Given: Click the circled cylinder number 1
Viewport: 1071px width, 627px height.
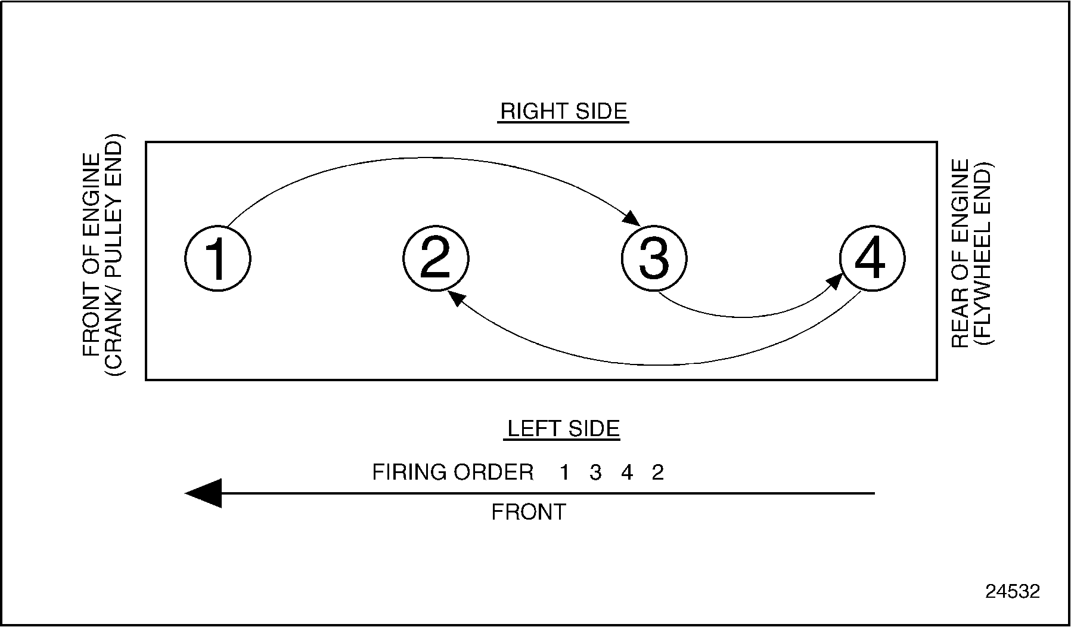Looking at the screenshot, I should pyautogui.click(x=218, y=259).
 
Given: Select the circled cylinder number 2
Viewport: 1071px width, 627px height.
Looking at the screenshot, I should pyautogui.click(x=436, y=259).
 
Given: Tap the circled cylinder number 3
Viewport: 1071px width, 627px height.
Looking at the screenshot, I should pyautogui.click(x=654, y=259).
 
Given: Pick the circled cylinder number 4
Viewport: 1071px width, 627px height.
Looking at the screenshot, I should pyautogui.click(x=872, y=259).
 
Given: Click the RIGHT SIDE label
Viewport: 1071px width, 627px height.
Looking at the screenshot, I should pyautogui.click(x=563, y=112).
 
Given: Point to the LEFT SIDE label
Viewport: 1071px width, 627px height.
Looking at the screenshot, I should pyautogui.click(x=563, y=429).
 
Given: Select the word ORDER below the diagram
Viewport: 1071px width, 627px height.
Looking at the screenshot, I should pyautogui.click(x=493, y=472).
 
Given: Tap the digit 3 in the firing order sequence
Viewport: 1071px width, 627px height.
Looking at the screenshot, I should pyautogui.click(x=595, y=473).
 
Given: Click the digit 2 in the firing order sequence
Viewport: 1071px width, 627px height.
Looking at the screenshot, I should pyautogui.click(x=657, y=473).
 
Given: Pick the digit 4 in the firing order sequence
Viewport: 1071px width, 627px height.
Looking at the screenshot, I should pyautogui.click(x=626, y=473).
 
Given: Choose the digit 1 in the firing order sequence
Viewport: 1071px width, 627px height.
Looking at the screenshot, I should pyautogui.click(x=564, y=473).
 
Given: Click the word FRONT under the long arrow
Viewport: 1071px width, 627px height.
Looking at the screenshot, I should pyautogui.click(x=528, y=512).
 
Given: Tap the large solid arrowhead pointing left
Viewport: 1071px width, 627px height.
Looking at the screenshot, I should pyautogui.click(x=205, y=493).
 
